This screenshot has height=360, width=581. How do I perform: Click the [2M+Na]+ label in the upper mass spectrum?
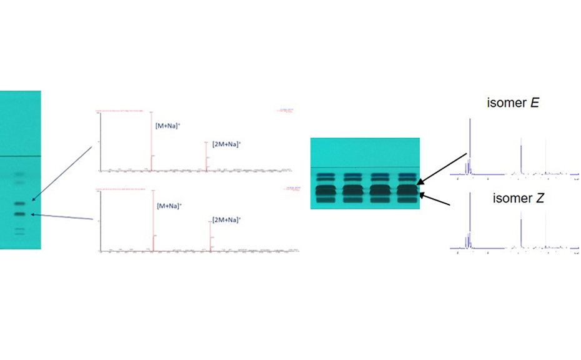click(226, 144)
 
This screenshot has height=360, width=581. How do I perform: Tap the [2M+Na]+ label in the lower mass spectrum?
click(226, 220)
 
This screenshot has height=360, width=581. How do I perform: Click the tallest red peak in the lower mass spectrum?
click(152, 219)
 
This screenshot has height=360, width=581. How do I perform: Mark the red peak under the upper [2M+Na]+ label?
click(206, 156)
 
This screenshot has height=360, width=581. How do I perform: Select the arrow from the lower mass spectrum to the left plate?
click(62, 217)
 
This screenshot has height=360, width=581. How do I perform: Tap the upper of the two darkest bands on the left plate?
click(20, 203)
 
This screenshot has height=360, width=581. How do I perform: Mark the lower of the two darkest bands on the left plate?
click(20, 214)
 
